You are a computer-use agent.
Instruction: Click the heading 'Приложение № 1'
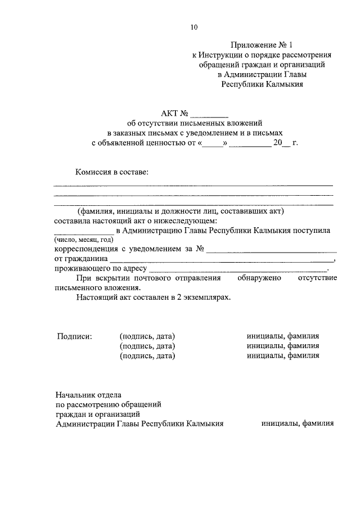(x=262, y=44)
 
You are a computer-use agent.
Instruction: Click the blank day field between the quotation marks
(x=213, y=143)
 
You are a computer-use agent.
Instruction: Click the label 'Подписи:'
(x=74, y=336)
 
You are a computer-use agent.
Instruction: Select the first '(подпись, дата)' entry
(x=147, y=336)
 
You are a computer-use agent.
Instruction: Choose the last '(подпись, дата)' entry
(x=147, y=355)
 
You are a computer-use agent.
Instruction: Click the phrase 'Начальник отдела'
(x=88, y=394)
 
